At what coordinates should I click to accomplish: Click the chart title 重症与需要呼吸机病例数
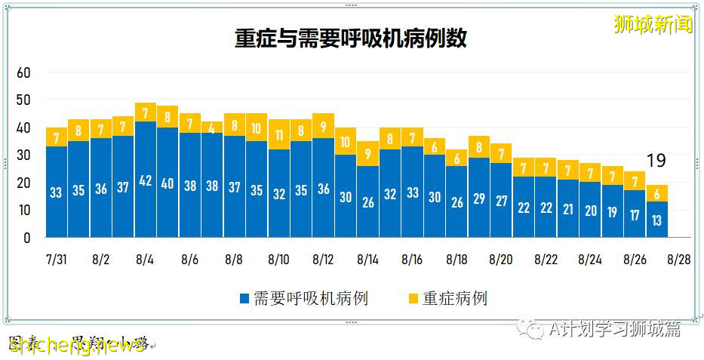350,39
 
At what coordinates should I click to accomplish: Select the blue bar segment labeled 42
146,180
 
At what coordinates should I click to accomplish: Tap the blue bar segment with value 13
657,220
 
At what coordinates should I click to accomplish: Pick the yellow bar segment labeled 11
278,135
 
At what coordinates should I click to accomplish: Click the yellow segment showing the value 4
212,128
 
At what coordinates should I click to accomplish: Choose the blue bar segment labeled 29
479,198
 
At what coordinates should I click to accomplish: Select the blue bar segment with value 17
635,214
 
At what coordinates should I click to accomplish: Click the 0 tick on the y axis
26,238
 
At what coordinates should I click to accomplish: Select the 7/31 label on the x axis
56,259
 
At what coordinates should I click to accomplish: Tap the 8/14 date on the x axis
367,259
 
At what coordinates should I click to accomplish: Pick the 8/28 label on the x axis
679,259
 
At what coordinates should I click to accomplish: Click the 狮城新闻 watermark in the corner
653,23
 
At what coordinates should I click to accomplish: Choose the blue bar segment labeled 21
568,208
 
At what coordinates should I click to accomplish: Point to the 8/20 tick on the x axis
501,259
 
